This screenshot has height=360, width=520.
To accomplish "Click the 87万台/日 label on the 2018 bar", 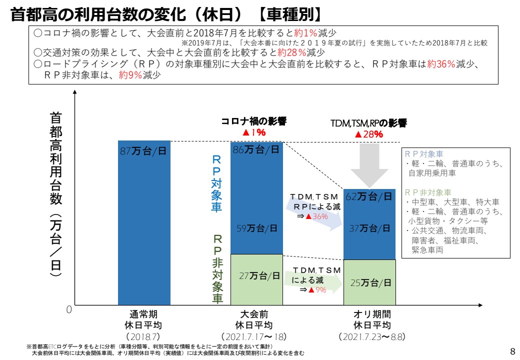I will click(x=143, y=151).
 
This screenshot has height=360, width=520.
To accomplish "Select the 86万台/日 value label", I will click(x=256, y=150).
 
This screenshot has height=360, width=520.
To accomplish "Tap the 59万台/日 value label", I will click(x=256, y=229).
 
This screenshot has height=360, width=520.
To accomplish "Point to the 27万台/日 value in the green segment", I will click(x=256, y=275).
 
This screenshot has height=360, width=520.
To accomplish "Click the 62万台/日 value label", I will click(x=369, y=196).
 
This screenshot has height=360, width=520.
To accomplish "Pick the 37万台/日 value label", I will click(x=369, y=228).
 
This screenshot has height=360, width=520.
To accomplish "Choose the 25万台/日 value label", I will click(x=370, y=283).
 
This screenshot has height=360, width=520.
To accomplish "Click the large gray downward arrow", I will click(x=369, y=165).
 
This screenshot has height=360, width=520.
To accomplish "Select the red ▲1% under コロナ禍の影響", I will click(x=253, y=132).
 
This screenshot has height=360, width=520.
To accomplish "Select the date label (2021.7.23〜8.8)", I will click(x=371, y=336).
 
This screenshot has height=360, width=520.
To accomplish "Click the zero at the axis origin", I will click(x=69, y=310).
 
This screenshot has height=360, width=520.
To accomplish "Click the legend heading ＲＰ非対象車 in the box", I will click(x=428, y=192).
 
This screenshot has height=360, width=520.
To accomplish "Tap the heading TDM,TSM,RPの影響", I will click(x=368, y=123).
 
